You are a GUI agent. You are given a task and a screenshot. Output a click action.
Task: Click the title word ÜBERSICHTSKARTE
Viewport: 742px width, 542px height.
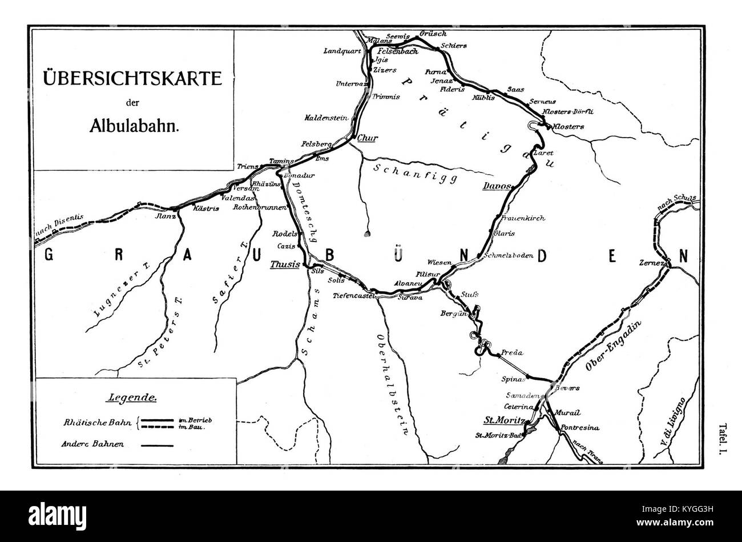tap(133, 78)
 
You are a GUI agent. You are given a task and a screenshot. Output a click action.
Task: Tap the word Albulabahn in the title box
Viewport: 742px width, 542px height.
tap(134, 126)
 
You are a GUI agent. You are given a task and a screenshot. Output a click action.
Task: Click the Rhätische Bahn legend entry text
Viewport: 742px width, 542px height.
tap(95, 423)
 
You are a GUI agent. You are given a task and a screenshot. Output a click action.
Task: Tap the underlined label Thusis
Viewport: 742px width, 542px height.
tap(285, 264)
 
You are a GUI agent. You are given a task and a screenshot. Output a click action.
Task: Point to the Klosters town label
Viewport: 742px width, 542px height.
tap(568, 126)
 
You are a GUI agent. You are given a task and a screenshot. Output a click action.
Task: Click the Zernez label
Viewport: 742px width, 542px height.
tap(653, 263)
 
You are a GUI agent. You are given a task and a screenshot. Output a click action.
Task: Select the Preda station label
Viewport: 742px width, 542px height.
tap(512, 353)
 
